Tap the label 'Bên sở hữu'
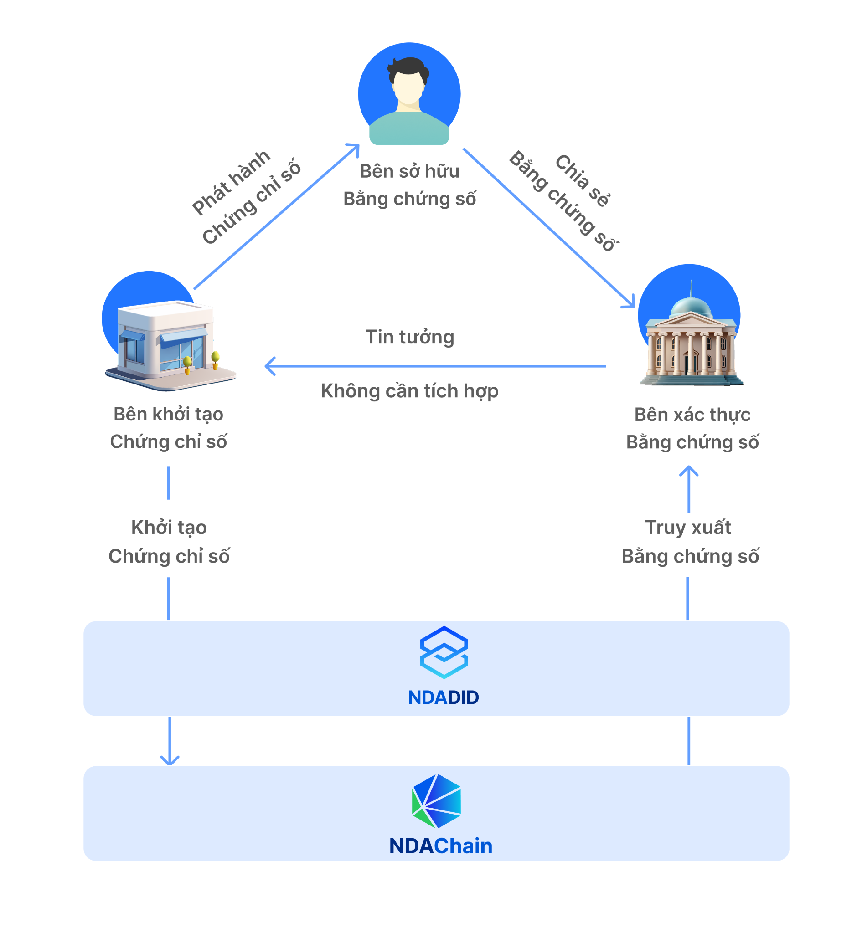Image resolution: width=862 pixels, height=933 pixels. [409, 171]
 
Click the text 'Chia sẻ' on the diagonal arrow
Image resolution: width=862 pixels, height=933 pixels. [583, 180]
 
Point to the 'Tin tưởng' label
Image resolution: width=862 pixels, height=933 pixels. [409, 337]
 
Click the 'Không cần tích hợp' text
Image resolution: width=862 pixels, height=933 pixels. [409, 391]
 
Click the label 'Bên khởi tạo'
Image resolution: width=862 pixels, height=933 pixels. [168, 414]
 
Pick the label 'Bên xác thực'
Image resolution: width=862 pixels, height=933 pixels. [692, 415]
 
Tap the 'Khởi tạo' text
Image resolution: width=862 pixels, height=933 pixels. [169, 528]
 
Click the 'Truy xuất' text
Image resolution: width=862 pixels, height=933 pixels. [688, 528]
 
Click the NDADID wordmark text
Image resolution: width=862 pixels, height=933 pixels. [443, 697]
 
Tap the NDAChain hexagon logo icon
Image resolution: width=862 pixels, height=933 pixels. [437, 801]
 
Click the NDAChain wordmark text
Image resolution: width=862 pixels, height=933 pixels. [441, 846]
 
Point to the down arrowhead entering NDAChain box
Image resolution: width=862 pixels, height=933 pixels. [170, 761]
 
